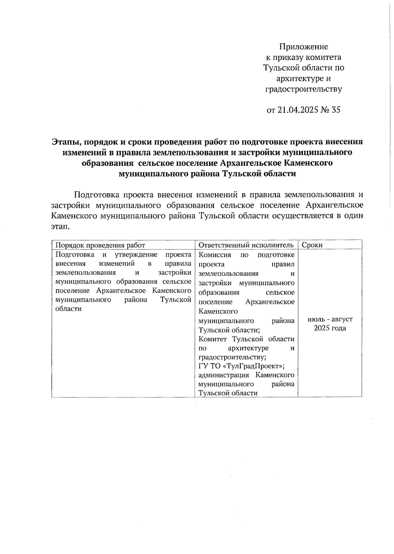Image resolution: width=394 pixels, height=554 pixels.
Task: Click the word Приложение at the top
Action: point(303,47)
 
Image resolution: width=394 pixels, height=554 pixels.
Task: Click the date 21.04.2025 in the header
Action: point(298,110)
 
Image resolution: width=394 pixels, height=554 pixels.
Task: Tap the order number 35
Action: point(336,110)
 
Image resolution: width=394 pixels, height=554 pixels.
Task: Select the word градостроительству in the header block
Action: point(303,89)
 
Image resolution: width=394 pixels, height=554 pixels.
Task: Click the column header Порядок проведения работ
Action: point(100,245)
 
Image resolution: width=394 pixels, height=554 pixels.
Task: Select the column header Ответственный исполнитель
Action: point(246,245)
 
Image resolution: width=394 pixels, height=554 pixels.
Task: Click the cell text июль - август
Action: point(330,319)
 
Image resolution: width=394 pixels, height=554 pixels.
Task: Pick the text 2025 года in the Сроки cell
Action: point(330,329)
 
